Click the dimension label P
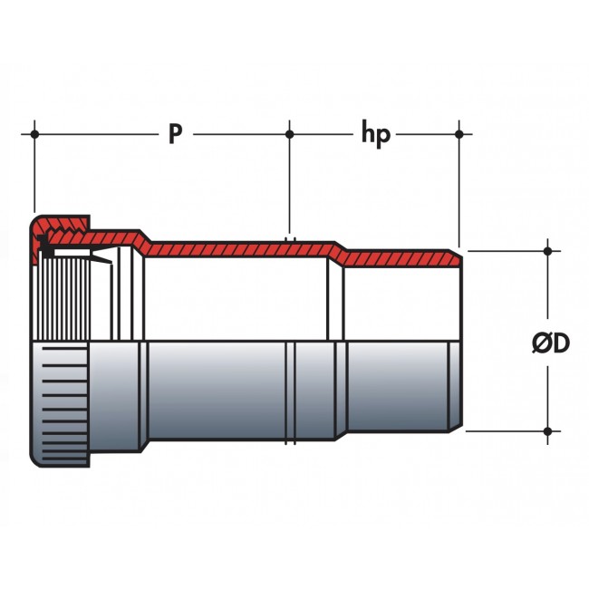tap(176, 134)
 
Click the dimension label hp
tap(376, 134)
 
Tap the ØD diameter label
tap(551, 343)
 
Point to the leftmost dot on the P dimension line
tap(34, 134)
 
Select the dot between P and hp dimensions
tap(289, 134)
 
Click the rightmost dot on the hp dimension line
tap(459, 134)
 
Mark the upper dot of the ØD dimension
tap(547, 251)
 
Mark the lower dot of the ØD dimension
tap(547, 431)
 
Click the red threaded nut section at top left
tap(60, 230)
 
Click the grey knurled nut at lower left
tap(60, 404)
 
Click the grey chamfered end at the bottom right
tap(455, 386)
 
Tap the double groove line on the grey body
tap(290, 391)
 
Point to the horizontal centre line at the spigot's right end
tap(403, 341)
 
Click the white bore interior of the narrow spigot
tap(402, 304)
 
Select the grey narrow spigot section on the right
tap(398, 387)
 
